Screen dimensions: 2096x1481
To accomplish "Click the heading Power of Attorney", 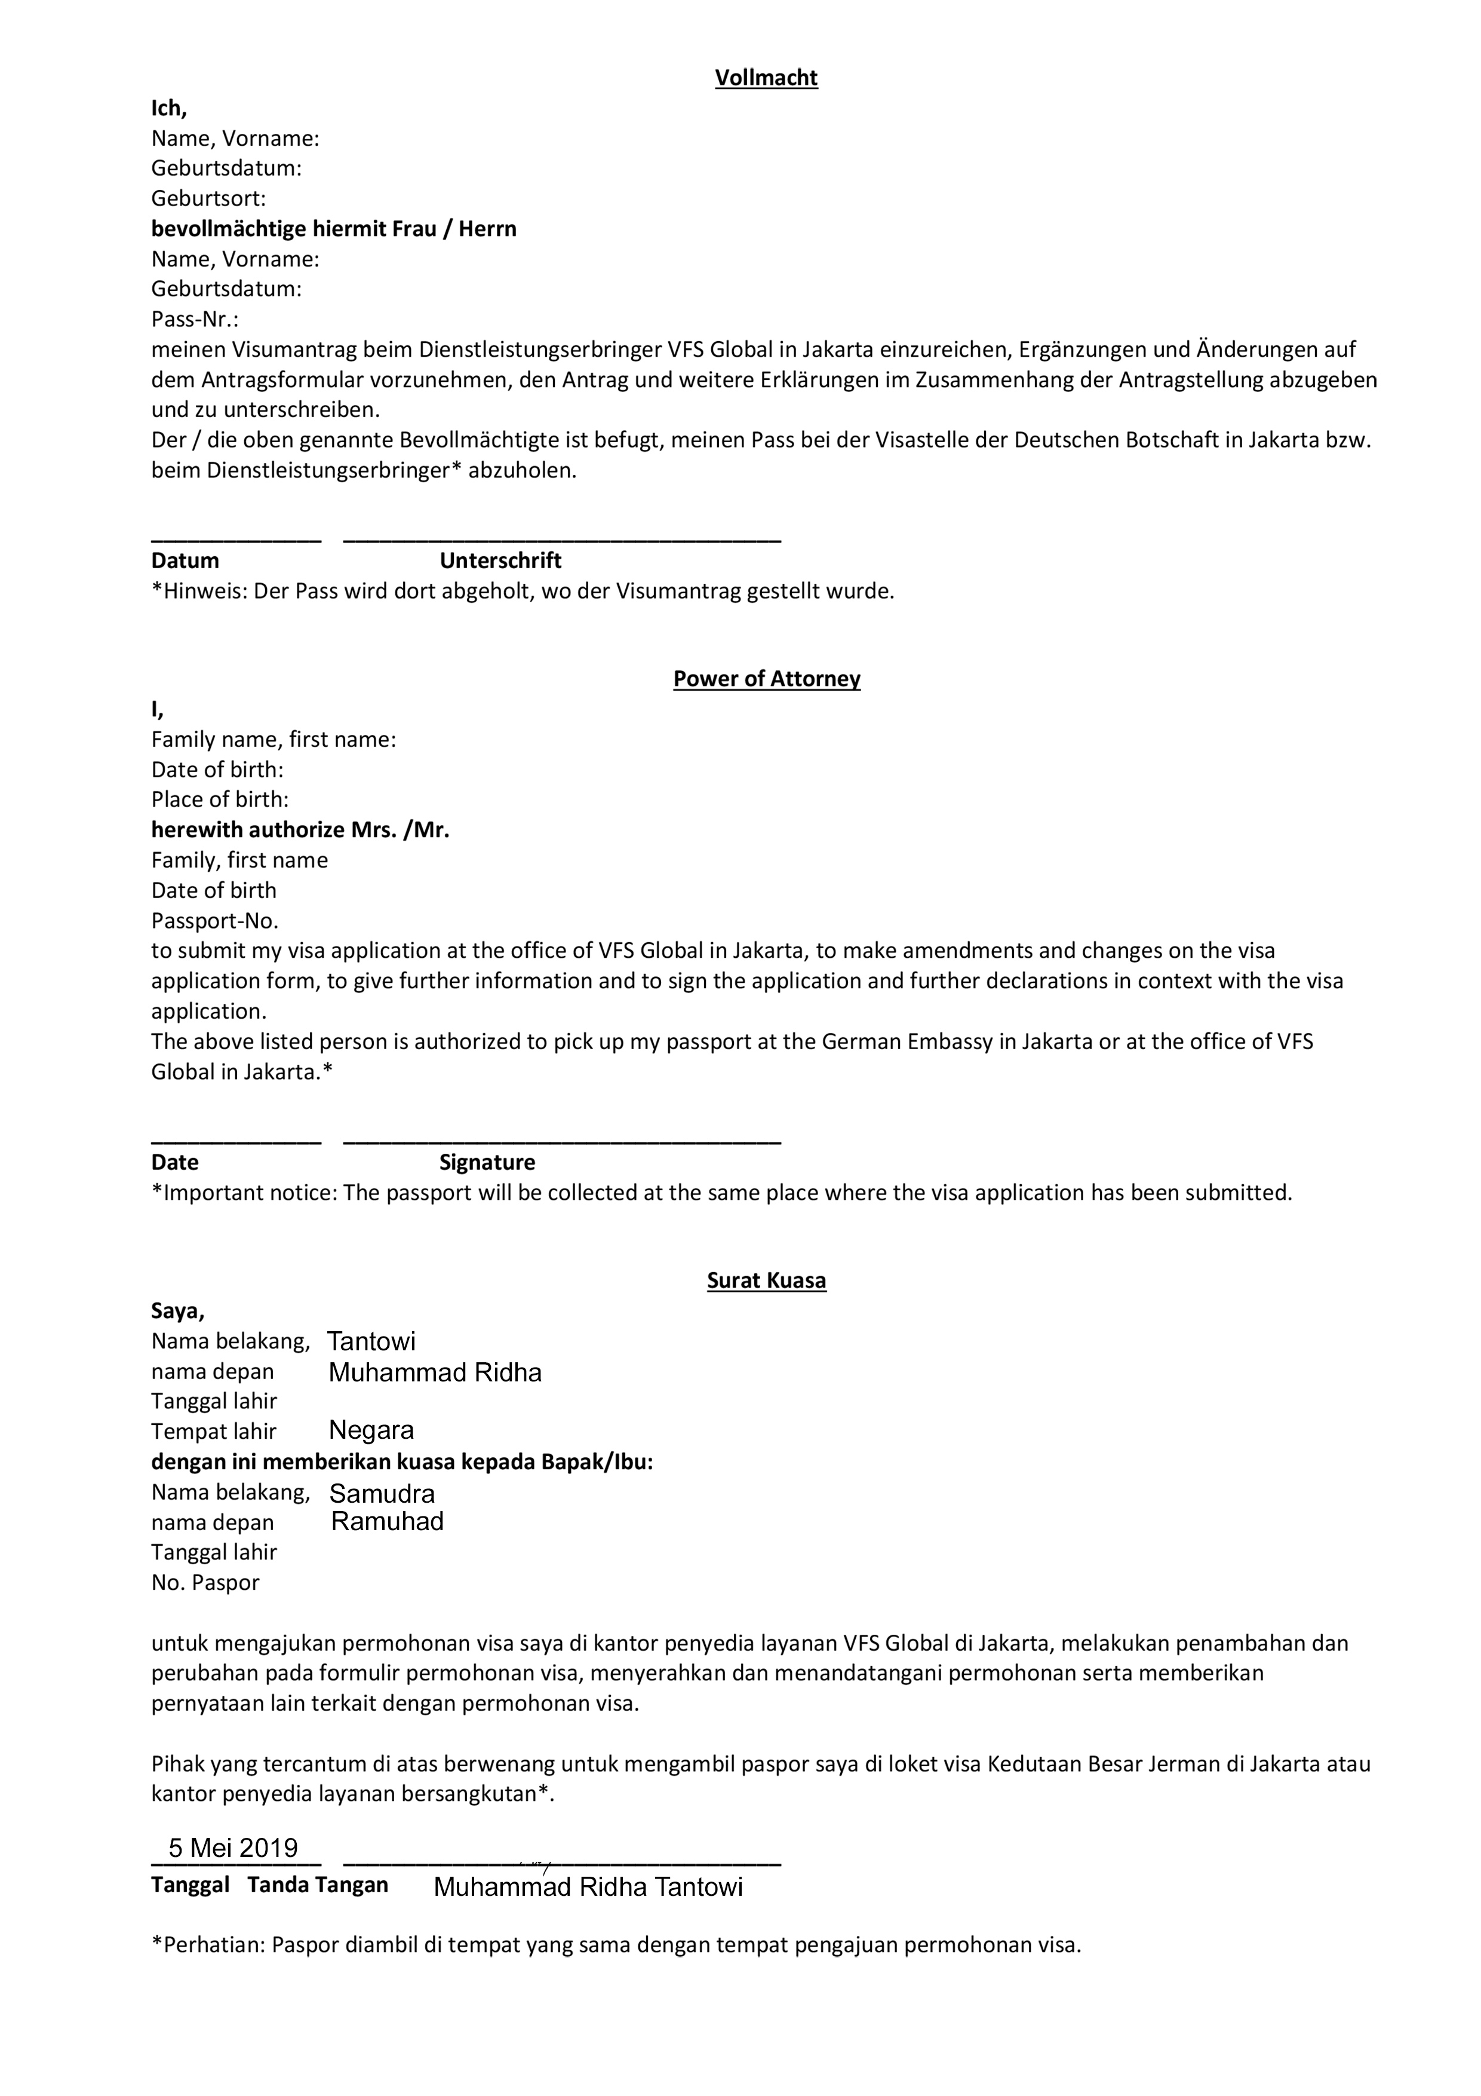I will (767, 679).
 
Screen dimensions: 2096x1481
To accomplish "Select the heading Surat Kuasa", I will (767, 1281).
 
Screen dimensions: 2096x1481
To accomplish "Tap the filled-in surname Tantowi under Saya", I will (371, 1342).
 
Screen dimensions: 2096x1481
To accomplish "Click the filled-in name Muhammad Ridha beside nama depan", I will (435, 1373).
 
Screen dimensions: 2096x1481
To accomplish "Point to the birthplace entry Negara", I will (371, 1430).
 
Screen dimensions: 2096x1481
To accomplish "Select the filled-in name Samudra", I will (382, 1494).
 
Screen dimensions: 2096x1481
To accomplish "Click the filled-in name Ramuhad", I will (387, 1522).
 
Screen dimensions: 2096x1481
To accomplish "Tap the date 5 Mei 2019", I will (233, 1849).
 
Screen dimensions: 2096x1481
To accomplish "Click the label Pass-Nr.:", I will (195, 320).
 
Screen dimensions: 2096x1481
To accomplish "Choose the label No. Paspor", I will (205, 1583).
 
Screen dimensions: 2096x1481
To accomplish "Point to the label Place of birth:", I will (220, 799).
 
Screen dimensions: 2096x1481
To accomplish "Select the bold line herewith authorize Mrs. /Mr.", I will (300, 830).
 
